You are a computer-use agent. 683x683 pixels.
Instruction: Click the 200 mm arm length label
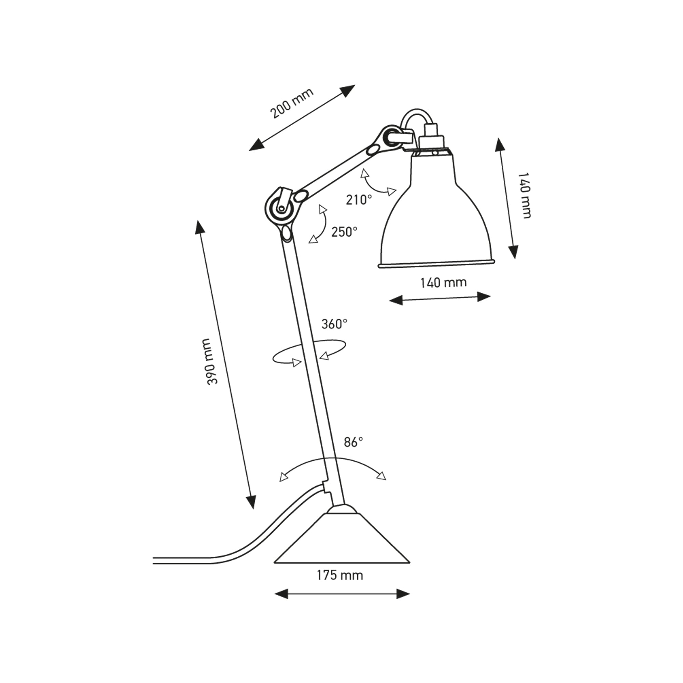point(292,103)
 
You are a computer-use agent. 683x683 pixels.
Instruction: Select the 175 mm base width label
point(340,585)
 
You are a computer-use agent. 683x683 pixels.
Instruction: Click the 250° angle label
point(344,232)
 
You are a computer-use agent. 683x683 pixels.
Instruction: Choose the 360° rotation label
point(334,324)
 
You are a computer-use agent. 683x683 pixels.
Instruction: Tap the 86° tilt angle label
point(353,442)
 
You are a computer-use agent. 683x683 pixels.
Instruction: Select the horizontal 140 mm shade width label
point(443,282)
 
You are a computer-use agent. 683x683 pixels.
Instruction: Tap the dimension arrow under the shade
point(440,299)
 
